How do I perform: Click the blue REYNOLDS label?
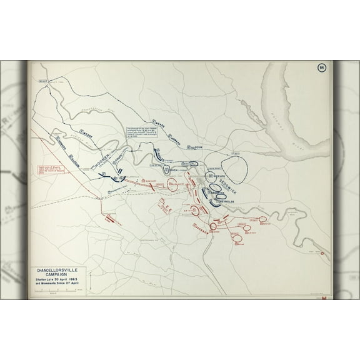point(227,202)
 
